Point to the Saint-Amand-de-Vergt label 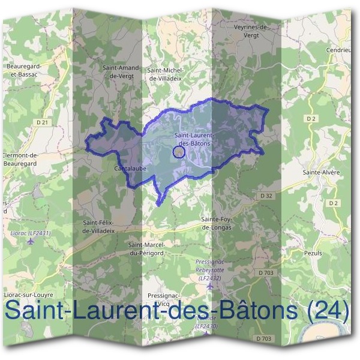[121, 72]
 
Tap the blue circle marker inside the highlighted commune [178, 152]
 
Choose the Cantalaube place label [127, 169]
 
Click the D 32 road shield [266, 196]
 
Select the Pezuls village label [313, 253]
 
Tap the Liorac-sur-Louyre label [28, 295]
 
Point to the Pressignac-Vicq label [162, 299]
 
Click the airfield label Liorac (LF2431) [31, 233]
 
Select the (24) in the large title [326, 311]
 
